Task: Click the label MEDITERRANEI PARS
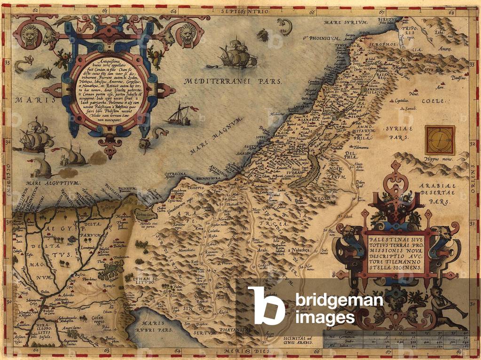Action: (x=232, y=81)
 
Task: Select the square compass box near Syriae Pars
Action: (x=438, y=137)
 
